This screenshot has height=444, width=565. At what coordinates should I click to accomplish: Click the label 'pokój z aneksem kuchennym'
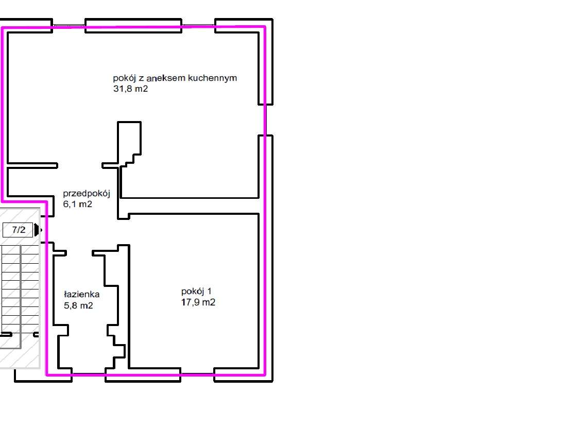pos(175,78)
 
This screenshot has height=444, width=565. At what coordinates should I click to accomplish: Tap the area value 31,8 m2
pos(131,89)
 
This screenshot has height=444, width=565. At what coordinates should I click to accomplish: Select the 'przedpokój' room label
pos(87,194)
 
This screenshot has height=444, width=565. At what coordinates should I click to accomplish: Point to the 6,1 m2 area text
pos(77,204)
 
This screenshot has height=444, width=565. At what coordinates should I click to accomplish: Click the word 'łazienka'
pos(81,295)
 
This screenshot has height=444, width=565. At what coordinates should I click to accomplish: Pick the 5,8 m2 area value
pos(78,305)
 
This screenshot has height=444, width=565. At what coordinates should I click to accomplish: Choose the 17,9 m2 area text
pos(198,302)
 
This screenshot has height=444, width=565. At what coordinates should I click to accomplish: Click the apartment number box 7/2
pos(19,230)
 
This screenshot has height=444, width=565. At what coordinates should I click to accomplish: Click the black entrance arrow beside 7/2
pos(37,230)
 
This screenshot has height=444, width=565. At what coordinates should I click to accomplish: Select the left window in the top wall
pos(69,25)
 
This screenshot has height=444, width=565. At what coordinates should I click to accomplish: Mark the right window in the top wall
pos(198,25)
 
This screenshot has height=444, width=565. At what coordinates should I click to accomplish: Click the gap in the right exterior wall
pos(266,119)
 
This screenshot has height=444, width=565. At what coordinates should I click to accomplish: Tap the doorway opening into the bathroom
pos(79,253)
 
